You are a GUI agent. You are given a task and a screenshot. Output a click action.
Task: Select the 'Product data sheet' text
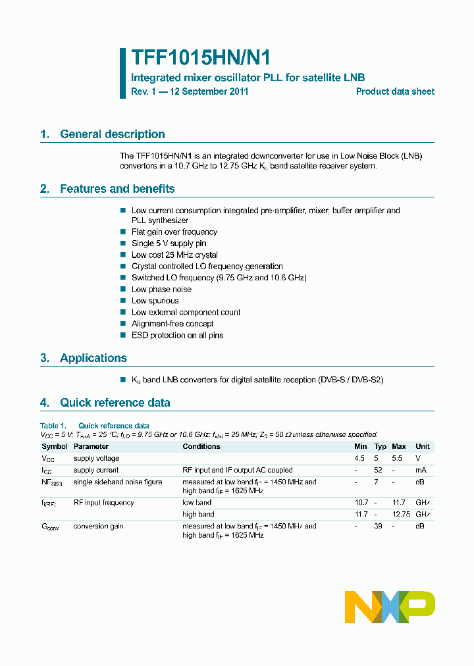click(x=395, y=92)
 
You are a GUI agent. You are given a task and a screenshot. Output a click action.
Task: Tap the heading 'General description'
click(x=112, y=134)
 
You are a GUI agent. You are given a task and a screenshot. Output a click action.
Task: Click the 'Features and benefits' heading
click(x=117, y=189)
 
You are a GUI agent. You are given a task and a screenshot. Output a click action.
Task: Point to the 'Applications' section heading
click(x=93, y=358)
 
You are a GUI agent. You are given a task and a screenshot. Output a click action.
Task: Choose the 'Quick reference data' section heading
click(x=115, y=403)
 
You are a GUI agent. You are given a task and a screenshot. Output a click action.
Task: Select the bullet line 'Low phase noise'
click(x=161, y=290)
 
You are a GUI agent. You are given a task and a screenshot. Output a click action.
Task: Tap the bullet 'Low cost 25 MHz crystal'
click(x=174, y=255)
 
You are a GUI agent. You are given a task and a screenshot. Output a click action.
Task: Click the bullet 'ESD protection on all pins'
click(x=177, y=336)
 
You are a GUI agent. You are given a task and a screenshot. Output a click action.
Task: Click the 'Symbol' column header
click(x=55, y=446)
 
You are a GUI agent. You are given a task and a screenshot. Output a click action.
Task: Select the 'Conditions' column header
click(x=201, y=446)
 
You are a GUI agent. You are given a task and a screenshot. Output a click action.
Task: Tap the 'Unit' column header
click(x=422, y=446)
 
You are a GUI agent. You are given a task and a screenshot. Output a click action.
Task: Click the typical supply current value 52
click(x=378, y=471)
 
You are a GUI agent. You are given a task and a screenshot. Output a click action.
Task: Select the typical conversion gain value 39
click(x=378, y=526)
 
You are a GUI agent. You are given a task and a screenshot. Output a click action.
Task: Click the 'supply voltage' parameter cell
click(x=96, y=458)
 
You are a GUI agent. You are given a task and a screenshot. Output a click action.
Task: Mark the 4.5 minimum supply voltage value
click(x=359, y=458)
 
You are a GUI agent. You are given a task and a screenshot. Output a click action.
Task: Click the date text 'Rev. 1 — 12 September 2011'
click(x=190, y=92)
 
